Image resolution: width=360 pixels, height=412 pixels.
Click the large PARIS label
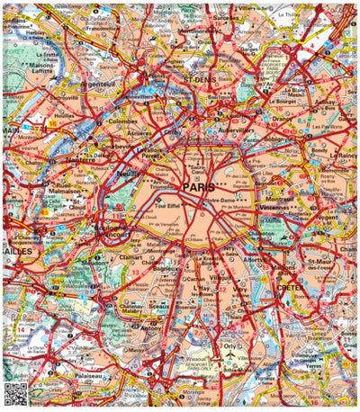click(199, 187)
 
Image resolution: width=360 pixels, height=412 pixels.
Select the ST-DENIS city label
click(201, 79)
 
